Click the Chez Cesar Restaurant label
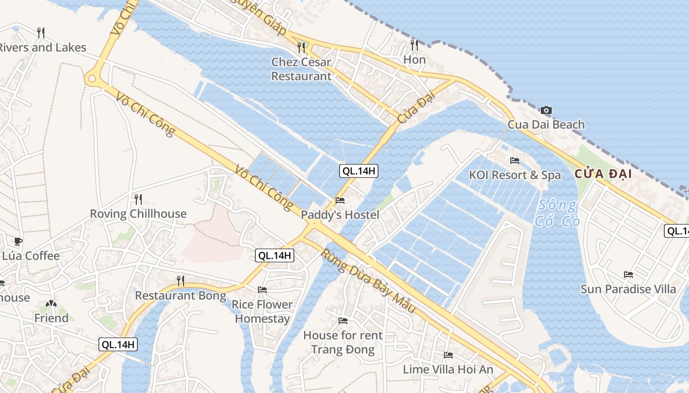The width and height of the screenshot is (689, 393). pos(301,69)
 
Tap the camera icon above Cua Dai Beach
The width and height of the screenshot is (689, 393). pos(546,111)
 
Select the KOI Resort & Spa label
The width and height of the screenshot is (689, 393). pos(515,175)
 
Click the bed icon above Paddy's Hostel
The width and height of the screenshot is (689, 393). pos(340,200)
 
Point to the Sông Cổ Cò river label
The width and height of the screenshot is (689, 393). pos(559,213)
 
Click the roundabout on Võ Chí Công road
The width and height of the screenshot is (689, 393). pos(92,79)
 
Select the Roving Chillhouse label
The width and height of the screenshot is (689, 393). pos(138,214)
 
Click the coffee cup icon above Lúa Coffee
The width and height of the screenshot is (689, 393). pos(18,241)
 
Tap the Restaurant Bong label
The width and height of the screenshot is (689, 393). pos(181,296)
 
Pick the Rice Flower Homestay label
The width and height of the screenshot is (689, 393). pos(262,311)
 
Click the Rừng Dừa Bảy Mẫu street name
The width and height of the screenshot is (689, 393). pos(369,282)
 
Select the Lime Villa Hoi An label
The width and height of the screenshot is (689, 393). pos(448,369)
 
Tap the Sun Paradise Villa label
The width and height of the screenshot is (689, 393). pos(628,289)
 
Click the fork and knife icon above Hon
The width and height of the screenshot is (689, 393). pos(414,45)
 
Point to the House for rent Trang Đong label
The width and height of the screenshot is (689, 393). pos(343,342)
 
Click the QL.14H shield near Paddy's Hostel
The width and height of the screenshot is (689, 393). pos(359,171)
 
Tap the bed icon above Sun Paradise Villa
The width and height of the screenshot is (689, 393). pos(628,274)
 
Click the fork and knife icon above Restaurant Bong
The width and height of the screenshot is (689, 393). pos(181,281)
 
